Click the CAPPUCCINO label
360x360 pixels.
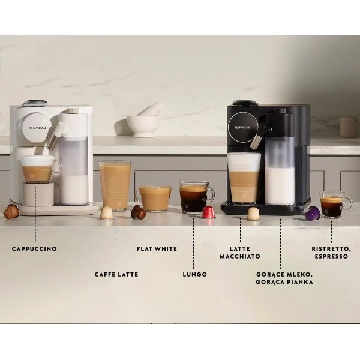34,248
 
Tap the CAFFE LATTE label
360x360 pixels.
116,274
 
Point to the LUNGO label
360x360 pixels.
194,274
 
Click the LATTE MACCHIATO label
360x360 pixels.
240,252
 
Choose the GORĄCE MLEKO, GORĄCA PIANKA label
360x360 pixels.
284,278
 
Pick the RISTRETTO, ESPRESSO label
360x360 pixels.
331,252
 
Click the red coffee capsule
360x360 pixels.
208,212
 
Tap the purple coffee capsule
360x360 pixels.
312,213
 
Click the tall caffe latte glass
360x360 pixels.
115,185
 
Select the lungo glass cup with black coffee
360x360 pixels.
194,198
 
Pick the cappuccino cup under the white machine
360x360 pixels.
38,169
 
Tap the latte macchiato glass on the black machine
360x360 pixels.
244,177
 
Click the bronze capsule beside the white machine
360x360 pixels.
11,211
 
